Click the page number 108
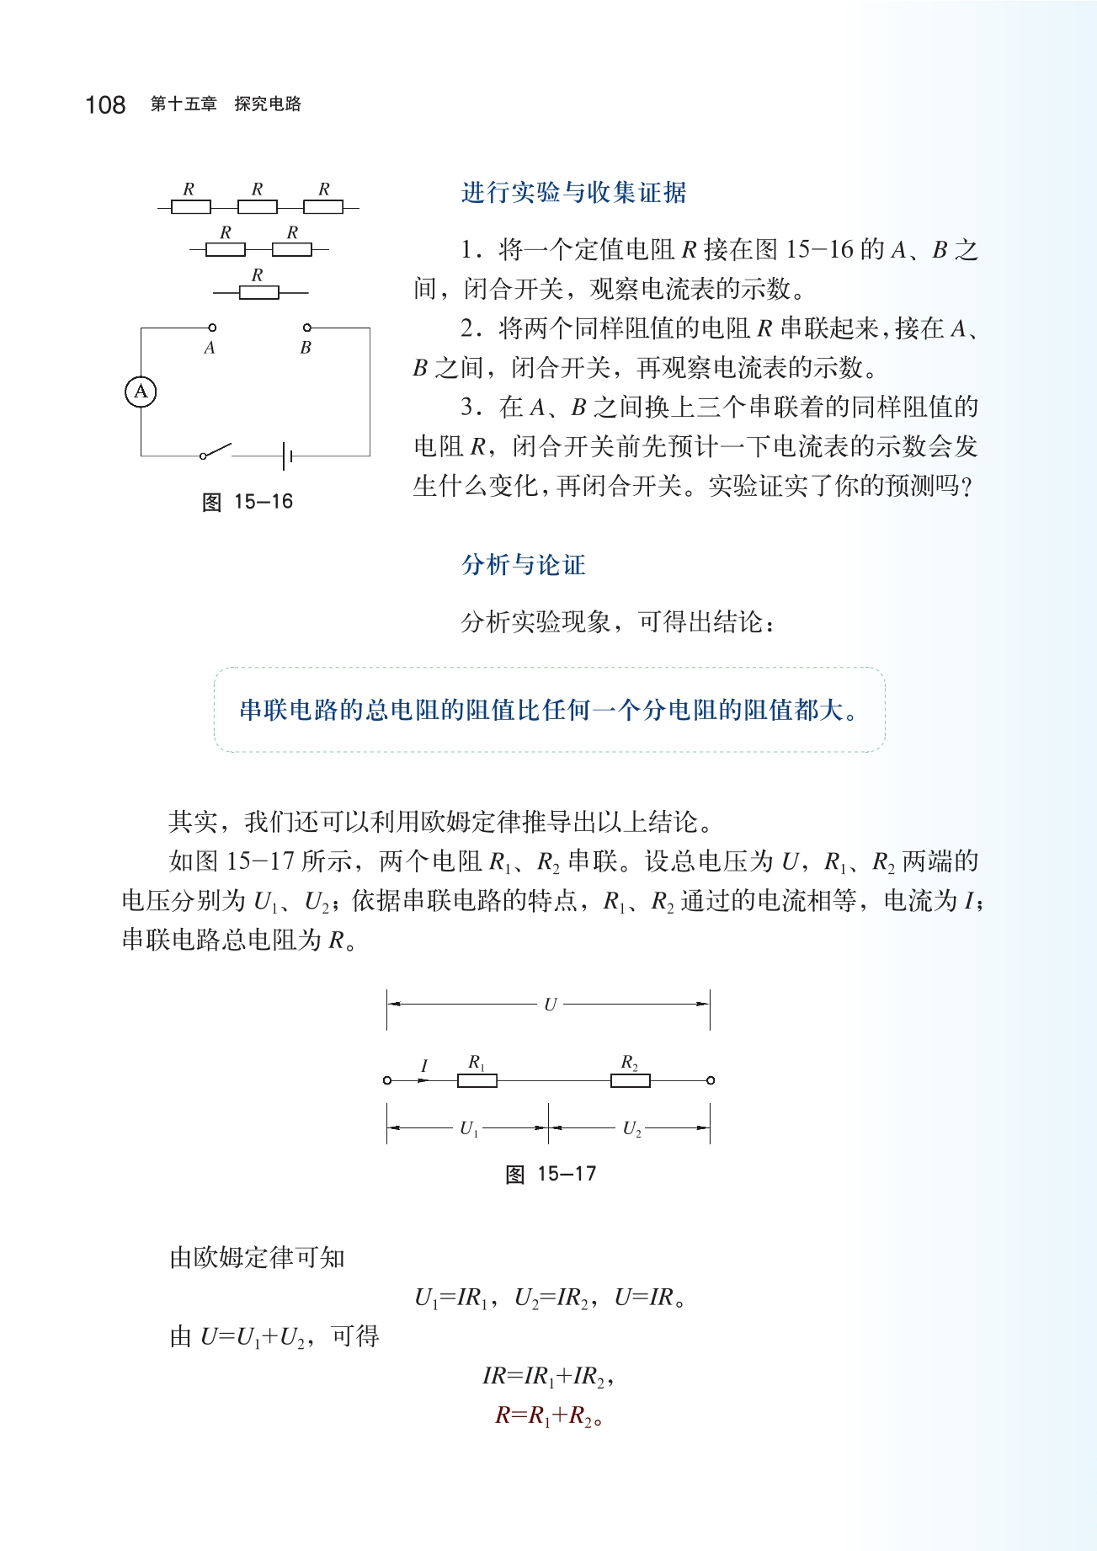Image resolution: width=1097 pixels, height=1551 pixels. coord(105,104)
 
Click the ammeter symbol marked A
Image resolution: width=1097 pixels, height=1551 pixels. coord(141,392)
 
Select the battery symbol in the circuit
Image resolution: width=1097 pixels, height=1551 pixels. coord(287,456)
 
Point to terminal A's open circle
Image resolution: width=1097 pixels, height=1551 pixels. coord(212,328)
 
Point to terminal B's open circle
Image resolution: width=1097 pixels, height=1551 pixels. coord(307,328)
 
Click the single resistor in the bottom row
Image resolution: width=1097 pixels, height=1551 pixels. coord(259,292)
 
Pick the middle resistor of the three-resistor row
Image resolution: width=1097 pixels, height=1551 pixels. coord(258,207)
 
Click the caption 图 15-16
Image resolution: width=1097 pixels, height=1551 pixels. coord(248,502)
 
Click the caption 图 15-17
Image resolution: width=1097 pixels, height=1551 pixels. coord(551,1174)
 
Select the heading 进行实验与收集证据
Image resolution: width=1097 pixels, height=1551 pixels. coord(573,193)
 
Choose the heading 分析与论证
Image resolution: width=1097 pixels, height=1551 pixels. coord(523,564)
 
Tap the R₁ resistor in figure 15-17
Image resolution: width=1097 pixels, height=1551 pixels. coord(477,1080)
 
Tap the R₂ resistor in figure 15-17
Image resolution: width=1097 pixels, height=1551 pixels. coord(630,1080)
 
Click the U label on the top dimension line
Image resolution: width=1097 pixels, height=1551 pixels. coord(550,1005)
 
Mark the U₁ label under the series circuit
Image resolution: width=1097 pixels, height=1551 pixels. coord(469,1129)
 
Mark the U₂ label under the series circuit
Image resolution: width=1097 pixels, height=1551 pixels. coord(631,1129)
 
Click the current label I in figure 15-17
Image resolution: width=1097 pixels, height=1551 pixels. coord(424,1067)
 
